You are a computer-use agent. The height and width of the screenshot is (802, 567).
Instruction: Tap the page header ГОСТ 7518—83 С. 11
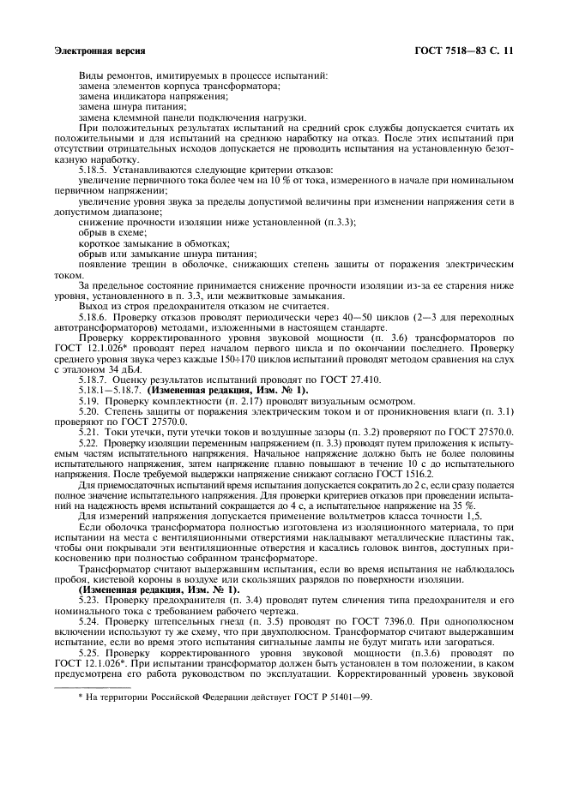click(463, 51)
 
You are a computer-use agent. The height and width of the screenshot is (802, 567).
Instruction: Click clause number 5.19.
click(88, 401)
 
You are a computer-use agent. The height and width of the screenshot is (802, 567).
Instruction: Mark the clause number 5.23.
click(88, 591)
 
